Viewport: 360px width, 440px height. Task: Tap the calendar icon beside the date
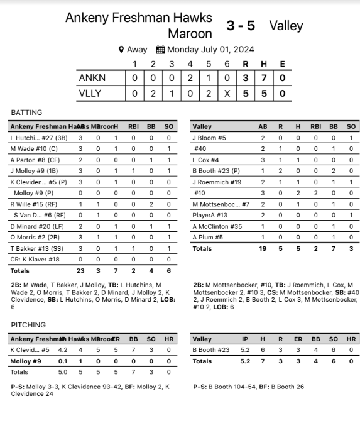[160, 50]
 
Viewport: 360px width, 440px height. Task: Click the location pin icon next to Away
[121, 50]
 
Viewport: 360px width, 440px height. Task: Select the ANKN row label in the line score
[92, 78]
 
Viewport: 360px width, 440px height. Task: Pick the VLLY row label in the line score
[91, 94]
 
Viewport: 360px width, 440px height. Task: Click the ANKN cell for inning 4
[190, 78]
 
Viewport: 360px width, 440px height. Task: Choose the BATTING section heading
[26, 113]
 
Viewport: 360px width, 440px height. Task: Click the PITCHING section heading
[28, 325]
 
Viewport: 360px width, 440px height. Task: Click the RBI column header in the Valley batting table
[315, 126]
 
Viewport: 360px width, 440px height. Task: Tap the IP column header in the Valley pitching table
[245, 339]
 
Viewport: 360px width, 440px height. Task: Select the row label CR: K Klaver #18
[35, 259]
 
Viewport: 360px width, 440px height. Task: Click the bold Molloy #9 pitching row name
[26, 361]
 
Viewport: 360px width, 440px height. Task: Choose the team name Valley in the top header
[286, 26]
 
